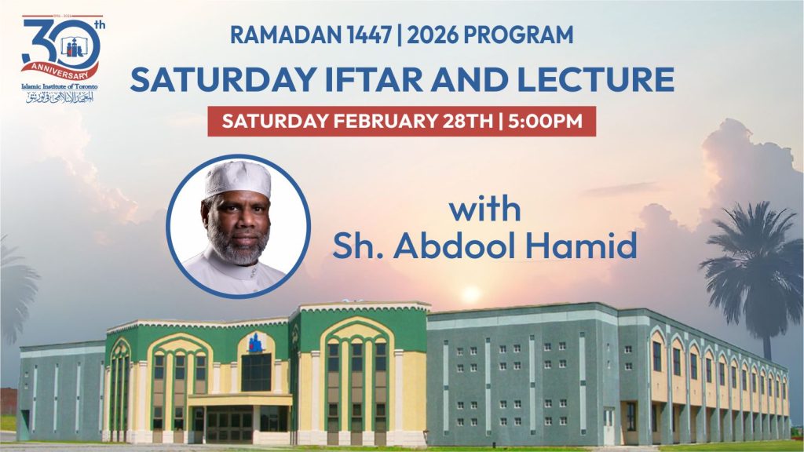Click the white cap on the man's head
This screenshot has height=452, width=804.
(x=238, y=180)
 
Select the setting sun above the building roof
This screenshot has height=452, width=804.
(x=470, y=294)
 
